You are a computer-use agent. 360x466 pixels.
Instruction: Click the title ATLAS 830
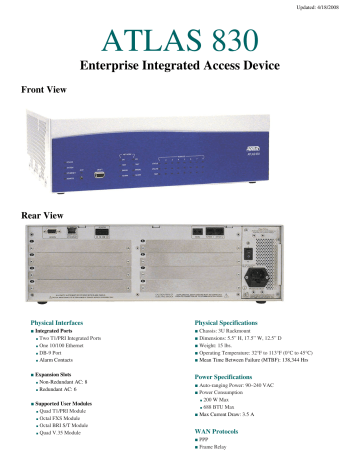click(180, 41)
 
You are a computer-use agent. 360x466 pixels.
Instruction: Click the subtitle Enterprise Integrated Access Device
click(180, 67)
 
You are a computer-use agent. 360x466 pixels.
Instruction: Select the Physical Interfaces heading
click(67, 324)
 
